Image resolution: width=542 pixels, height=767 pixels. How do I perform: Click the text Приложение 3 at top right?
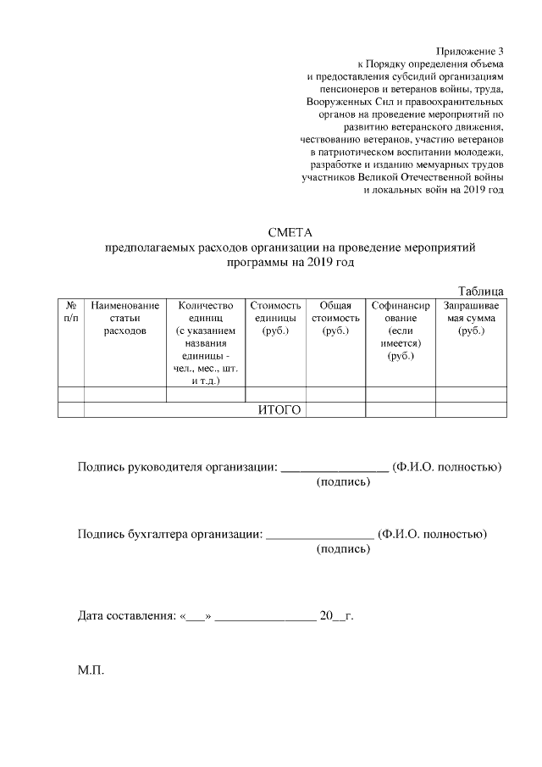(x=469, y=52)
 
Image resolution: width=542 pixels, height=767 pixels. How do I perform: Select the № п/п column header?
(x=71, y=311)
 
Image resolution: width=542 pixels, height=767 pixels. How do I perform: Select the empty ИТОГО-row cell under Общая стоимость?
(x=335, y=410)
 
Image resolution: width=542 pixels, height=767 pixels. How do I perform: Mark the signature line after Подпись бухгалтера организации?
(x=319, y=534)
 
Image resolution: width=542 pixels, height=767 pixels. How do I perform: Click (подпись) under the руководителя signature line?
(x=343, y=482)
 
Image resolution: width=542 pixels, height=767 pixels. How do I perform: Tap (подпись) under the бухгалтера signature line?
(x=343, y=549)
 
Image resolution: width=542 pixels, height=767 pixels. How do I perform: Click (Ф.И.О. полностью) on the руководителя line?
(x=449, y=467)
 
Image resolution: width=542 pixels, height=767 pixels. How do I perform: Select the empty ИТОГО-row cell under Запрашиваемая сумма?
(x=471, y=410)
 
